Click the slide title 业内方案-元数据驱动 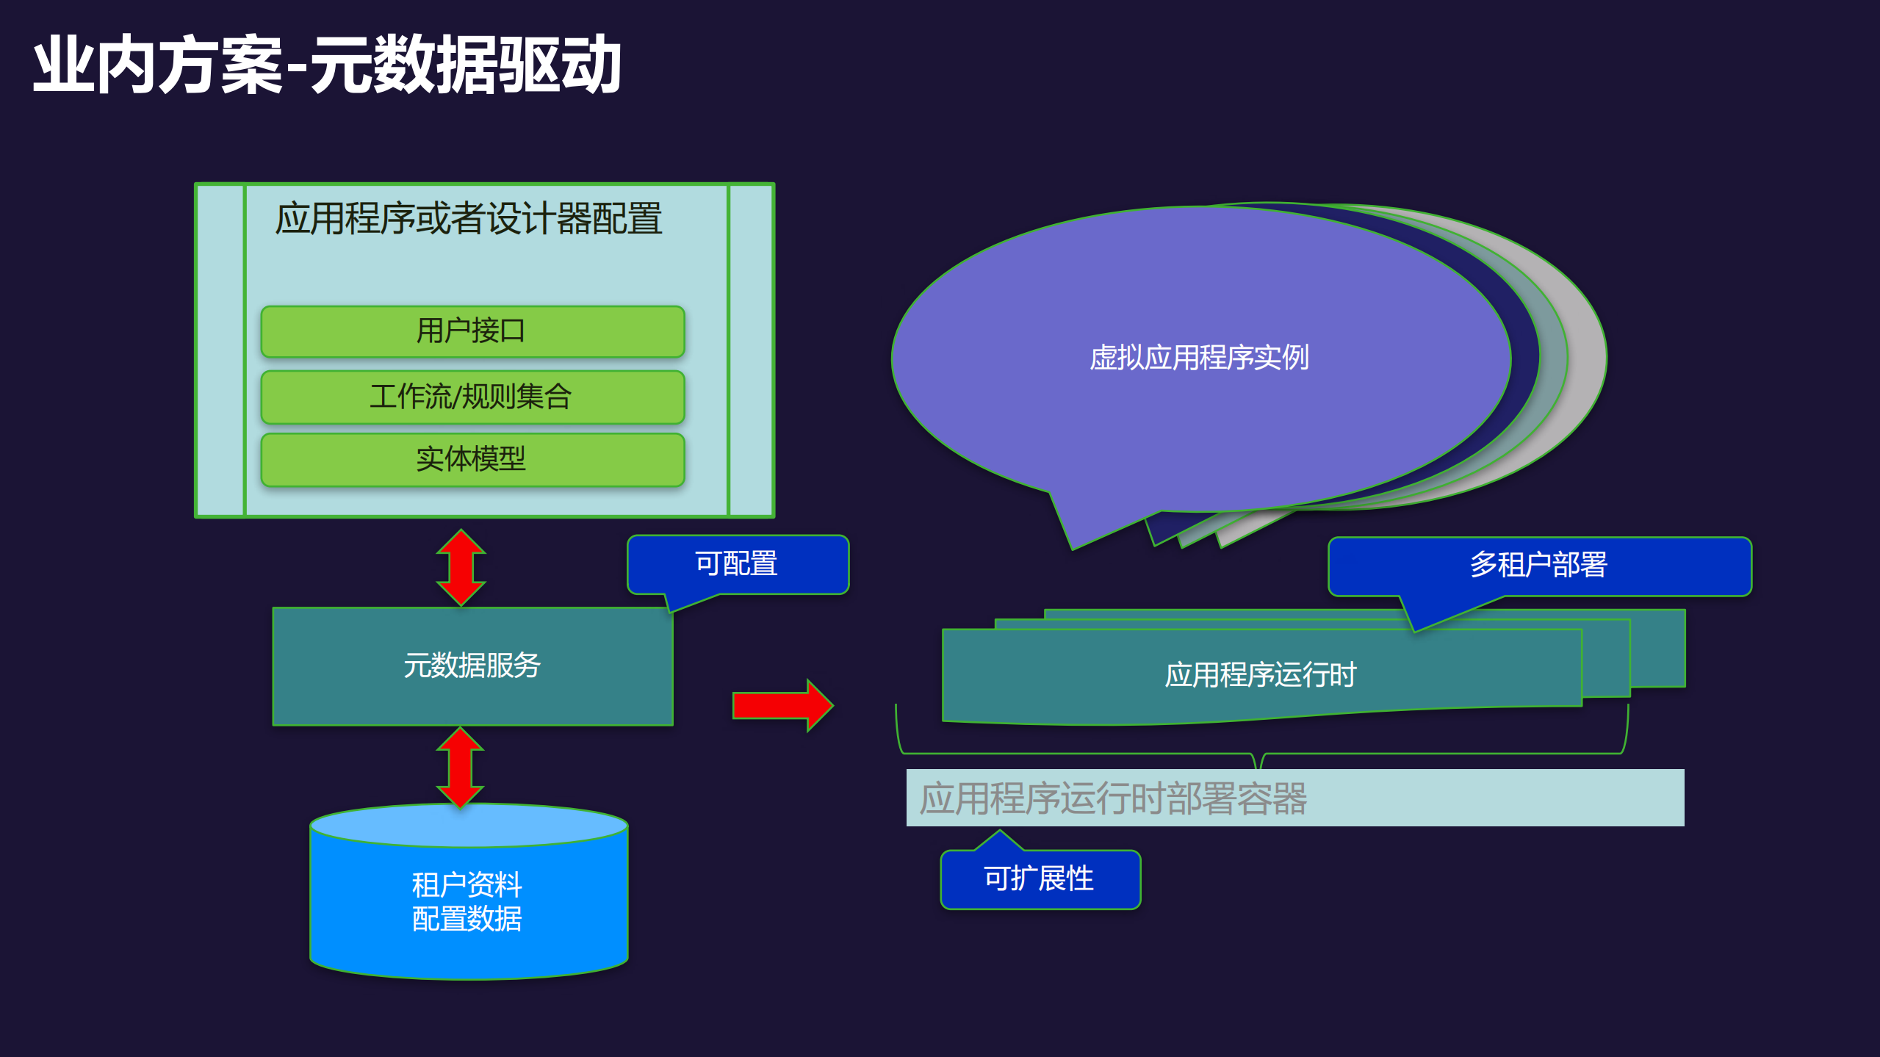coord(327,65)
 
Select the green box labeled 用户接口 coord(472,331)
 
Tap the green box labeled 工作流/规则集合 coord(472,397)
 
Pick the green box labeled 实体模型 coord(472,459)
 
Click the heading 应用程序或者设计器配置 coord(469,219)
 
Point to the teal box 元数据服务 coord(472,665)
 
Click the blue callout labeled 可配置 coord(737,564)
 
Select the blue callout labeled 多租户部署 coord(1538,565)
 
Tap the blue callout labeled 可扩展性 coord(1040,879)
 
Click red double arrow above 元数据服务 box coord(461,567)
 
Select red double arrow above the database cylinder coord(461,767)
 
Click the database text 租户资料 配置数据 coord(467,902)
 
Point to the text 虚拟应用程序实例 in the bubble coord(1199,358)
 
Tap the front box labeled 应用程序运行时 coord(1261,675)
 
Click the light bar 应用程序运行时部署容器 coord(1294,798)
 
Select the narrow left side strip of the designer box coord(220,350)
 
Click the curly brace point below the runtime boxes coord(1261,762)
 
